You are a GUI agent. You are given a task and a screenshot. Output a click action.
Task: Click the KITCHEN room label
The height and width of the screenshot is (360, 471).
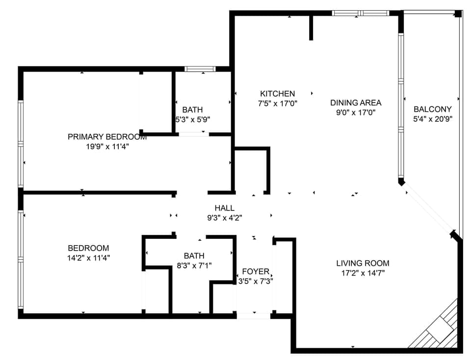point(277,94)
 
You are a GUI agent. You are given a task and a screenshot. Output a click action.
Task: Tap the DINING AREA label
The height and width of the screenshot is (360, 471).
point(356,103)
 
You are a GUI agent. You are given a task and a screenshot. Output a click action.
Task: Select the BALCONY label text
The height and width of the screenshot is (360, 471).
point(432,109)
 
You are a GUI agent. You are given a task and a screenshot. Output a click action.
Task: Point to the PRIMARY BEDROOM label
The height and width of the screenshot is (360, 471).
point(107,137)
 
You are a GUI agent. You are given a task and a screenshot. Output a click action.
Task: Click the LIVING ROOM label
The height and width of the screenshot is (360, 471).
point(363,263)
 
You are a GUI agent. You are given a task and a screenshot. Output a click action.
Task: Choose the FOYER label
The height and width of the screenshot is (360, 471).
point(256,271)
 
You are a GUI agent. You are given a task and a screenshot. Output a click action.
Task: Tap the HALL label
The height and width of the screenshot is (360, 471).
point(224,208)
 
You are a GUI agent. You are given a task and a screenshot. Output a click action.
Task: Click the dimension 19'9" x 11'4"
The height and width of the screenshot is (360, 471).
point(107,146)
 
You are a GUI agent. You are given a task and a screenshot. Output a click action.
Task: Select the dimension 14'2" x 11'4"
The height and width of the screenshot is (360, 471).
point(88,257)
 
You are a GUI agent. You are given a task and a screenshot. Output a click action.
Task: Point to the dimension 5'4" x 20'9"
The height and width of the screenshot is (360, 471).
point(432,119)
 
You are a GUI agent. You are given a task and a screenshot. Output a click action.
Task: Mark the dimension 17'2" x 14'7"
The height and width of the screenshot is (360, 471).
point(363,273)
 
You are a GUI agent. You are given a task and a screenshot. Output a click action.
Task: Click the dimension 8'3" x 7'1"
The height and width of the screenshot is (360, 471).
point(194,265)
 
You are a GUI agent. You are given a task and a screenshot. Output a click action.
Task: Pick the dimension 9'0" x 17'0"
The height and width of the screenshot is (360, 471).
point(356,112)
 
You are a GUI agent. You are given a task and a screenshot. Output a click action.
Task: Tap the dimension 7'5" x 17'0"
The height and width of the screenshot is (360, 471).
point(277,103)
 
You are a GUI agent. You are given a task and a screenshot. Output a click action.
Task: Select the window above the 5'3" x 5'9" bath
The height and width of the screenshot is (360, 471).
point(200,69)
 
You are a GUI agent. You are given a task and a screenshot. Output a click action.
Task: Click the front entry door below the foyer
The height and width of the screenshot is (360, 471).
point(254,316)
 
